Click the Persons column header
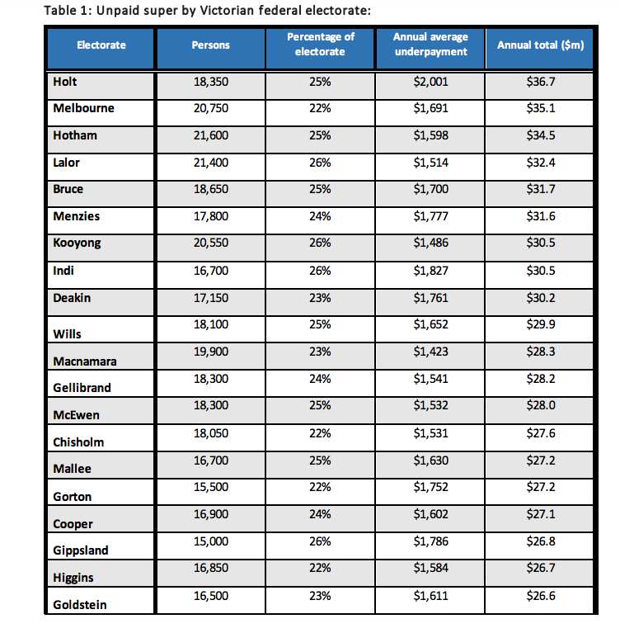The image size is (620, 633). (x=210, y=45)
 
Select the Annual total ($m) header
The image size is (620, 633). (x=540, y=45)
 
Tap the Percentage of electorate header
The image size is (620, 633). (x=320, y=45)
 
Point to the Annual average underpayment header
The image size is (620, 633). (x=430, y=45)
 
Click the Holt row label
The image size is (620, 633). (x=64, y=83)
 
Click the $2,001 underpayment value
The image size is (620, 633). (x=430, y=83)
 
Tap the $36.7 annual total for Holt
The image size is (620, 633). (x=540, y=83)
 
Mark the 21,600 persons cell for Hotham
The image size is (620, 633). (x=210, y=136)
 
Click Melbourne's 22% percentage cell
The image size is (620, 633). (x=320, y=109)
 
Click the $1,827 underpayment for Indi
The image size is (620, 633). (x=430, y=270)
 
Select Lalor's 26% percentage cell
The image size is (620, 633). (x=320, y=163)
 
